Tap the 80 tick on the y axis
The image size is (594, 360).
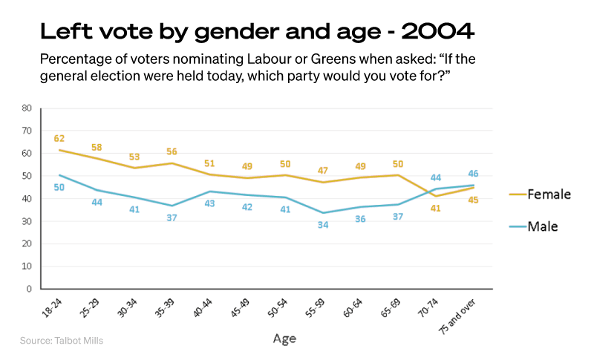tap(26, 108)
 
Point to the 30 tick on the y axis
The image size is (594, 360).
tap(26, 221)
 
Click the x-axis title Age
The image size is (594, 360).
tap(284, 338)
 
